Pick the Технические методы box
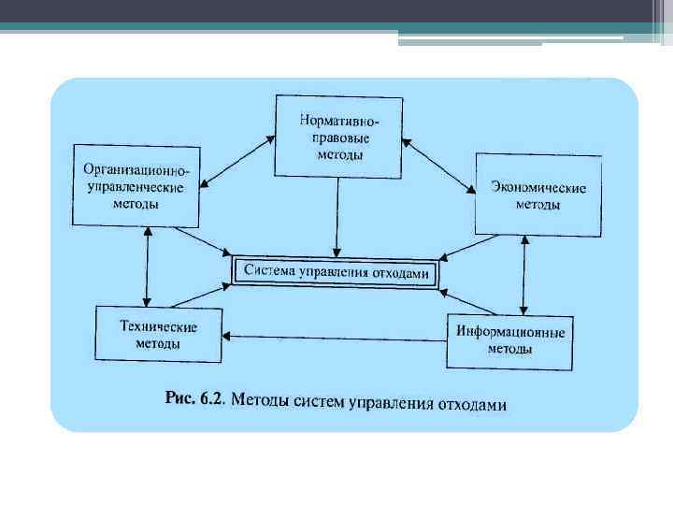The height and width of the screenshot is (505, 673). coord(157,334)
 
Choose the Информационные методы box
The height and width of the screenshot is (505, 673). coord(509,339)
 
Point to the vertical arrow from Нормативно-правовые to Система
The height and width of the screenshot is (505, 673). coord(336,215)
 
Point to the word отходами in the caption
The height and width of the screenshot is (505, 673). coord(466,404)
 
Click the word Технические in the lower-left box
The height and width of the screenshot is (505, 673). coord(157,326)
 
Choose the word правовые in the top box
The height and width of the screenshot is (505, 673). coord(339,137)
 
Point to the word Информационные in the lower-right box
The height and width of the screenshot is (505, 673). coord(509,332)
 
